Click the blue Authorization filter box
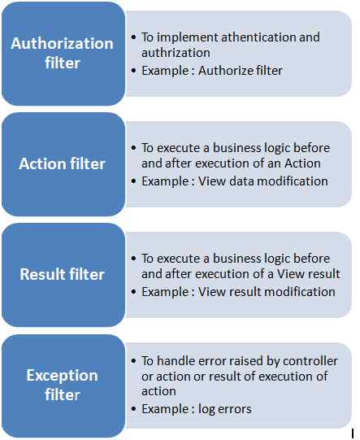click(x=62, y=53)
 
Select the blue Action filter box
click(x=62, y=163)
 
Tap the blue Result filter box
click(x=62, y=274)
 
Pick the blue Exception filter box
click(x=62, y=385)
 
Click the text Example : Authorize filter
click(x=212, y=70)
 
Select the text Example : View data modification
click(x=234, y=181)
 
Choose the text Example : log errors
click(x=196, y=409)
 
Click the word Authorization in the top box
click(x=62, y=43)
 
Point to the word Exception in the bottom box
click(x=62, y=375)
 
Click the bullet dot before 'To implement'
click(x=134, y=38)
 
